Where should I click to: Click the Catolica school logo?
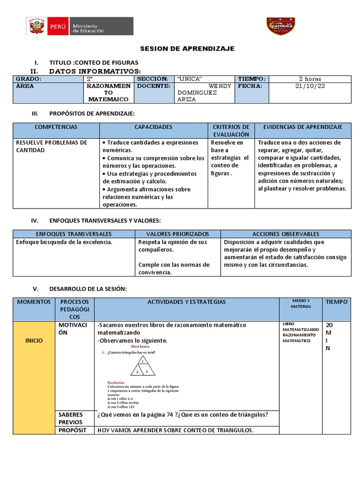[x=281, y=26]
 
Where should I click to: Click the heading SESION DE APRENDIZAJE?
[x=187, y=49]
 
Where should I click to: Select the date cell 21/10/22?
[x=310, y=86]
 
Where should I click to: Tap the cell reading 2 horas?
[x=310, y=79]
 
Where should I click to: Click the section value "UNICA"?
[x=190, y=79]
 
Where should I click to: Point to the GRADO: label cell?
[x=29, y=79]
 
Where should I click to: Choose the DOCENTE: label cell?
[x=153, y=86]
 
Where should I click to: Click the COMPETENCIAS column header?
[x=56, y=127]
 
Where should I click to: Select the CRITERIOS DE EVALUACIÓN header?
[x=231, y=131]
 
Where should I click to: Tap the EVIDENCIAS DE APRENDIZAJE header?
[x=303, y=127]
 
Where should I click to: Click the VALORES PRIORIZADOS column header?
[x=178, y=233]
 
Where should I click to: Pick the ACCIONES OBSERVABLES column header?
[x=285, y=233]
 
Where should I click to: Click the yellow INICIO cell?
[x=34, y=340]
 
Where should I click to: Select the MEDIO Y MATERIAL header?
[x=301, y=303]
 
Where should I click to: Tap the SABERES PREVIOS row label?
[x=71, y=418]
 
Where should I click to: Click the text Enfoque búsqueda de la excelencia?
[x=64, y=242]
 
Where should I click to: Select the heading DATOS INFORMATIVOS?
[x=95, y=71]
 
